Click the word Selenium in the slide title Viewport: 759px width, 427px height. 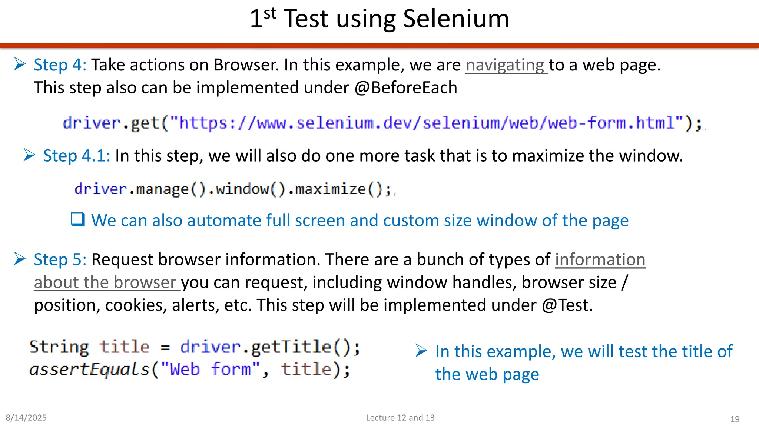click(x=456, y=19)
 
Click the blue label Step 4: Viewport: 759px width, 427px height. click(x=60, y=65)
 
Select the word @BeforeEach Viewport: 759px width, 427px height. click(x=406, y=88)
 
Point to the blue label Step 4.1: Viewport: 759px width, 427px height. click(x=76, y=156)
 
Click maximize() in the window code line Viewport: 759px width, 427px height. click(x=339, y=189)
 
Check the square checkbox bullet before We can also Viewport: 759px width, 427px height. click(x=78, y=219)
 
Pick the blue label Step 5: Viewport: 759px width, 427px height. click(x=60, y=259)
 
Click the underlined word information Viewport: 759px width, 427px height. click(x=600, y=259)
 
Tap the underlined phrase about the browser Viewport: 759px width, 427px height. click(x=105, y=282)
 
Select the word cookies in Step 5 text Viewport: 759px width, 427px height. click(x=136, y=305)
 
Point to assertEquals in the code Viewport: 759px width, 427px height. click(x=89, y=370)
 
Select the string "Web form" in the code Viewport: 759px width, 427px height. click(x=210, y=370)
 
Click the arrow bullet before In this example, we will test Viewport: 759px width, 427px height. click(x=421, y=351)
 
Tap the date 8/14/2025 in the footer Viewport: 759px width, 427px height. click(x=26, y=418)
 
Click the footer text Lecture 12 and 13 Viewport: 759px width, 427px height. click(x=400, y=418)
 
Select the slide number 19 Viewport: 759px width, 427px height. click(x=735, y=419)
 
